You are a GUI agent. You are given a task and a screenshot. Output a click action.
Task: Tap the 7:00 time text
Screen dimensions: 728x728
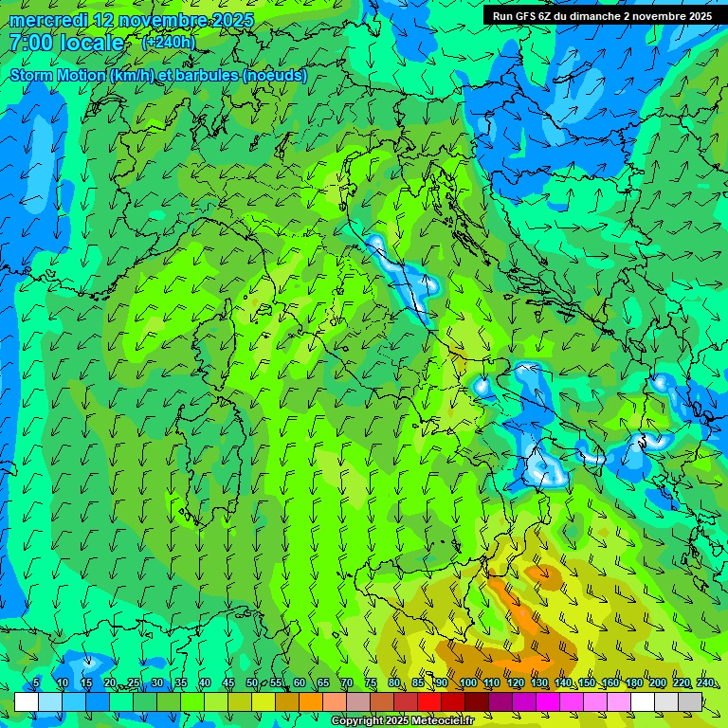[27, 44]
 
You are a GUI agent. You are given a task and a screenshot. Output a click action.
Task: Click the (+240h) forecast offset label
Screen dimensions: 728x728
[169, 42]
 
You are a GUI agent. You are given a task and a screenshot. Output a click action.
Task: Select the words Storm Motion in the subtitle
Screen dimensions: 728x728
[58, 75]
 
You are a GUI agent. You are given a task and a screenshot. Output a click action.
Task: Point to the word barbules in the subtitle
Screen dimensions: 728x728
[208, 75]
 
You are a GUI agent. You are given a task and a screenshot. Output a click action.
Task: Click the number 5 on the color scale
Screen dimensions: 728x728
[36, 682]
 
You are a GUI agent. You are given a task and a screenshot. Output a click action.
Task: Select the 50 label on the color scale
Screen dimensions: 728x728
[251, 682]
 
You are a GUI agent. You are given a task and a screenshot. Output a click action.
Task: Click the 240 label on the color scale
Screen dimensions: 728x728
[704, 682]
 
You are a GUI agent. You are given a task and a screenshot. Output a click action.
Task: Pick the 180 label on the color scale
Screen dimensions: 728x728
[633, 682]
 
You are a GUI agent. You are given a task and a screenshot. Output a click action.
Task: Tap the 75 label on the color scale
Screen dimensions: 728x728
[370, 682]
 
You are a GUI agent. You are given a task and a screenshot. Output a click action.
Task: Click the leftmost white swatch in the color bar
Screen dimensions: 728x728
[27, 701]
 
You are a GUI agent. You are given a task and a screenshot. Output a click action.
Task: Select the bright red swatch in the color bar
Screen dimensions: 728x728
[429, 701]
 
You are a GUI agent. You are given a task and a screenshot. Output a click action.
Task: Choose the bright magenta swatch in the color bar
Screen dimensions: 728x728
[548, 701]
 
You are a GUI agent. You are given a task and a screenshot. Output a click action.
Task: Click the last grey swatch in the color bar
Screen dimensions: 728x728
[690, 701]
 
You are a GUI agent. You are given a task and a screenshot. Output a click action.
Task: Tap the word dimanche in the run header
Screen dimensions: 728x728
[587, 16]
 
